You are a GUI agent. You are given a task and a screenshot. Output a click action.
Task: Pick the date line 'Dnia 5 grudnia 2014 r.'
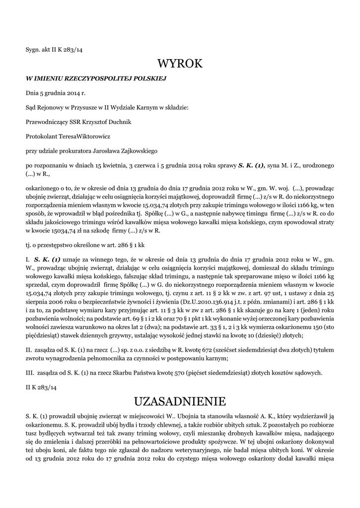(56, 92)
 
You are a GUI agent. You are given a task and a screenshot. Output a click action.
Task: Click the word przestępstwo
(59, 245)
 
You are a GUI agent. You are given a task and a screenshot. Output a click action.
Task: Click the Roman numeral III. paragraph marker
(29, 359)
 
